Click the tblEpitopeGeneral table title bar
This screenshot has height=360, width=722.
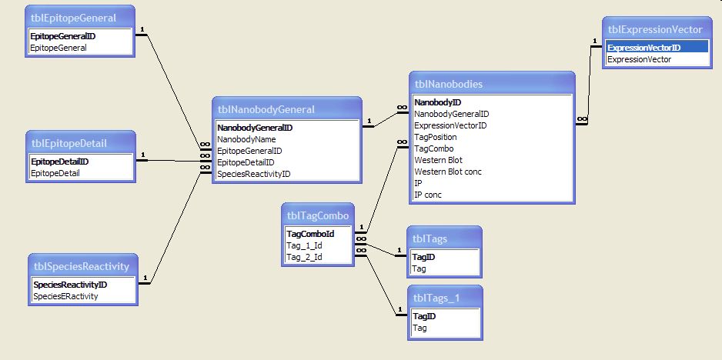click(72, 17)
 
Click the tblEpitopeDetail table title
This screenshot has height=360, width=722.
click(69, 142)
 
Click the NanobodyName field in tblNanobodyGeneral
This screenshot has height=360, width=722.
click(246, 139)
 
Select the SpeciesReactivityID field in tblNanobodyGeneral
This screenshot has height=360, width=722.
click(254, 174)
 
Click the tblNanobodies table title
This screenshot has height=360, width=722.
click(449, 84)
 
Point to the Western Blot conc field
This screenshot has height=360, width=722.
click(448, 172)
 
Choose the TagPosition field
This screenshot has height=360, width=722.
click(436, 137)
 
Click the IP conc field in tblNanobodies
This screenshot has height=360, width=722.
click(428, 195)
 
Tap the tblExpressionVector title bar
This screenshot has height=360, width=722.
click(655, 29)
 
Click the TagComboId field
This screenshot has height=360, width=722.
click(310, 234)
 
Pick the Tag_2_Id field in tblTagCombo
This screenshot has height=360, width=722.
click(304, 257)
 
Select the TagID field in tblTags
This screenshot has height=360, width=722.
click(424, 258)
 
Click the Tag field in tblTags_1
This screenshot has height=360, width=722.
click(419, 328)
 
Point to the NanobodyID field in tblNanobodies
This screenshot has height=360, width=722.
click(438, 102)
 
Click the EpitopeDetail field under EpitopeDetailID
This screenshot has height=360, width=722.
click(55, 173)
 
